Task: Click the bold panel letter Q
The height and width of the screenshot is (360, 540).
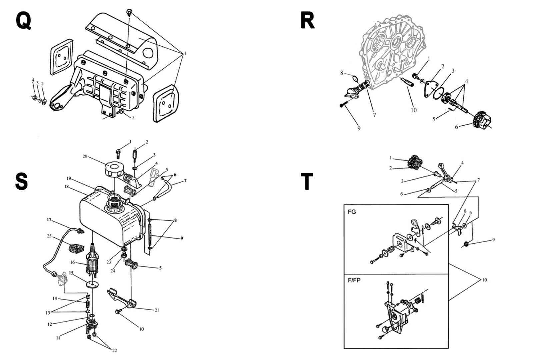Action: (23, 20)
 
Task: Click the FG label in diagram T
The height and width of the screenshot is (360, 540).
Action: (352, 212)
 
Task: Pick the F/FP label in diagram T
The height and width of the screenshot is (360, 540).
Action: (354, 280)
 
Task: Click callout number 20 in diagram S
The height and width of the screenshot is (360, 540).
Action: (85, 156)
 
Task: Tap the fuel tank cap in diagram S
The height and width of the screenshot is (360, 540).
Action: (114, 169)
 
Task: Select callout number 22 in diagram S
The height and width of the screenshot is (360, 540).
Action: (114, 350)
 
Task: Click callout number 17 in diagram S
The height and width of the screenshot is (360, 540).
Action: (49, 220)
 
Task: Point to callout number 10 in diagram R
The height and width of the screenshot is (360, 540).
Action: (413, 110)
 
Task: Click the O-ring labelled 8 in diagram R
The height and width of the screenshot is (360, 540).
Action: (355, 79)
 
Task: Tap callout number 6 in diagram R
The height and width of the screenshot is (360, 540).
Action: (456, 127)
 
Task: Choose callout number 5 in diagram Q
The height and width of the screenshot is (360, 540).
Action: (133, 118)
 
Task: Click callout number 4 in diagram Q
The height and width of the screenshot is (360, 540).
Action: (33, 80)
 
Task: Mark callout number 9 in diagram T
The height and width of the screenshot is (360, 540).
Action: (493, 240)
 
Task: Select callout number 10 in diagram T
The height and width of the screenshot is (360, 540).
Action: (484, 280)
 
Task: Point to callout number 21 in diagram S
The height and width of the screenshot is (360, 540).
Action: (157, 310)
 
